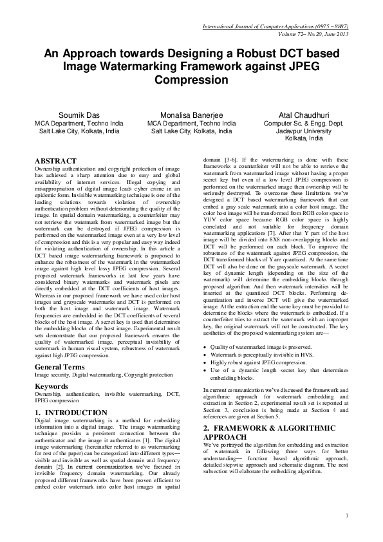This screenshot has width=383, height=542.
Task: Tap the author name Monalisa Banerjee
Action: [x=191, y=115]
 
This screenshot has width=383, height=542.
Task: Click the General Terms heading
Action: [x=63, y=367]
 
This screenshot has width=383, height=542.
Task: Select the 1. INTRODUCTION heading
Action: [x=71, y=412]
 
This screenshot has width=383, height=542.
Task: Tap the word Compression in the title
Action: [x=191, y=80]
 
